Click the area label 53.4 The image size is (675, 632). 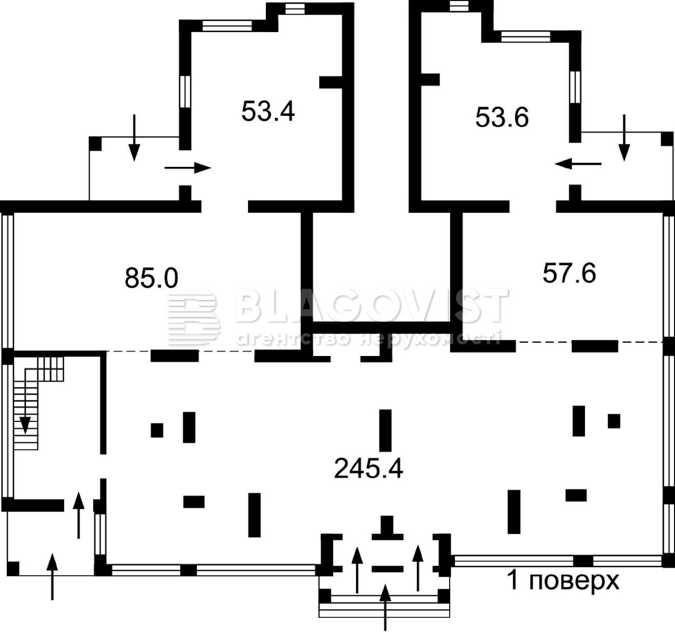pyautogui.click(x=268, y=111)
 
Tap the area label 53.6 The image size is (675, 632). pyautogui.click(x=502, y=117)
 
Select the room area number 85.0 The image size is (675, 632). pyautogui.click(x=151, y=278)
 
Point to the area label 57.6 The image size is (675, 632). pyautogui.click(x=569, y=273)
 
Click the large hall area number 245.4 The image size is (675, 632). pyautogui.click(x=369, y=468)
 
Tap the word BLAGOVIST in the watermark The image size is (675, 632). pyautogui.click(x=372, y=305)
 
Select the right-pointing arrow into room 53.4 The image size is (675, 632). pyautogui.click(x=187, y=167)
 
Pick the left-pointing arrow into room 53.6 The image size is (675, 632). pyautogui.click(x=578, y=164)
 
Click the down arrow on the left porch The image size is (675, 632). pyautogui.click(x=134, y=137)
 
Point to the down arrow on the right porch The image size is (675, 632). pyautogui.click(x=624, y=137)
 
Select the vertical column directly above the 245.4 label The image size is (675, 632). pyautogui.click(x=385, y=430)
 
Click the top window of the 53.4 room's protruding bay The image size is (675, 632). pyautogui.click(x=295, y=9)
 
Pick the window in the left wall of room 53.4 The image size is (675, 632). pyautogui.click(x=185, y=92)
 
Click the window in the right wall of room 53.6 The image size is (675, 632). pyautogui.click(x=575, y=87)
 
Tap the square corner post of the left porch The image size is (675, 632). pyautogui.click(x=95, y=143)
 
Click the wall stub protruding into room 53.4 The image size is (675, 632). pyautogui.click(x=330, y=82)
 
